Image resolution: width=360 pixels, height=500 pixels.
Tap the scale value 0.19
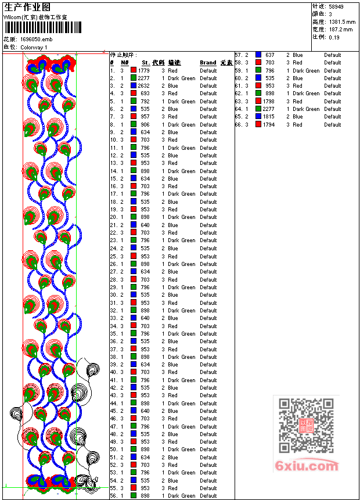pos(334,37)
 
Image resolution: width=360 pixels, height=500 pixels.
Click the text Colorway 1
pos(34,47)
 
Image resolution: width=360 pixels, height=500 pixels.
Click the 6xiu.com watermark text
pos(307,466)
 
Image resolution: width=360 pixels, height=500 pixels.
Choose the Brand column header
pos(208,62)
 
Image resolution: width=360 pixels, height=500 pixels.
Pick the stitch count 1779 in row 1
pos(144,70)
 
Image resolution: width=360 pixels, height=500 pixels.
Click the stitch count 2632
pos(144,85)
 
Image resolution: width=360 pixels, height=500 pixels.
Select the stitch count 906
pos(145,124)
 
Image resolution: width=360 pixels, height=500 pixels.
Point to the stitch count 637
pos(270,55)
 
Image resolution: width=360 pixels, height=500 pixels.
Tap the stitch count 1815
pos(269,116)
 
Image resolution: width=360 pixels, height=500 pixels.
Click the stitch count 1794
pos(269,124)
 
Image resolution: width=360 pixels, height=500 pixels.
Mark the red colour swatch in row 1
pos(134,70)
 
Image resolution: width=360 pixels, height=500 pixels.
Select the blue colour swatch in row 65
pos(258,116)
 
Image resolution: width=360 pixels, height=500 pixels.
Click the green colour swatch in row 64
pos(258,109)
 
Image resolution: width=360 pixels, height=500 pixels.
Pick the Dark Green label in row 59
pos(306,70)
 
